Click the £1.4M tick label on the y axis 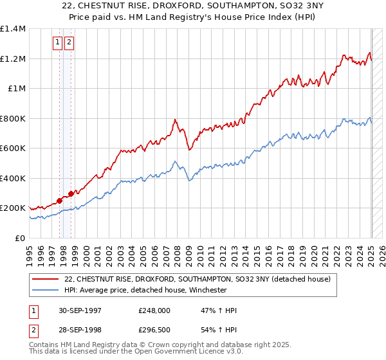tap(13, 29)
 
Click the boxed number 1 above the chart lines tap(57, 43)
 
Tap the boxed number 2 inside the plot tap(68, 43)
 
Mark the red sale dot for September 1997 tap(59, 201)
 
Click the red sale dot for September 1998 tap(70, 194)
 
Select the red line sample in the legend tap(46, 279)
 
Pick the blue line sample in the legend tap(46, 290)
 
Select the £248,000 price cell tap(154, 310)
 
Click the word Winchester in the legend tap(207, 290)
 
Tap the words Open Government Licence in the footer tap(174, 354)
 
